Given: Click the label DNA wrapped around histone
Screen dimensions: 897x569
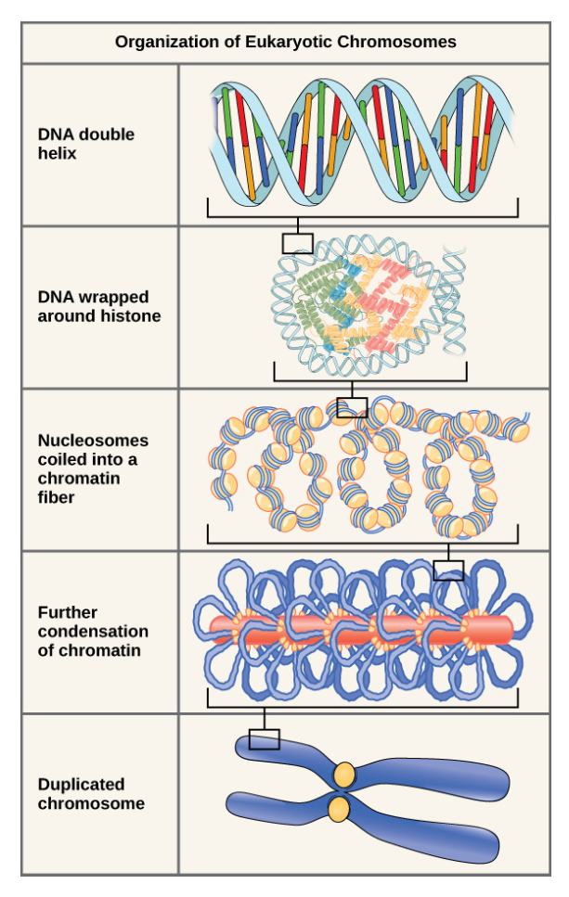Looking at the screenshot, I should coord(98,306).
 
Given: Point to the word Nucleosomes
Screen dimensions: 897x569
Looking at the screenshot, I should coord(93,441).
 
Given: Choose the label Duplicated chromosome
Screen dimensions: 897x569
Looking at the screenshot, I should coord(91,794).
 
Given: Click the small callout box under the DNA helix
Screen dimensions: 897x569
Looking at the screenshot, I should coord(297,243).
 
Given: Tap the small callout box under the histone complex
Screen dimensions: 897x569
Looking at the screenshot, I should coord(352,406).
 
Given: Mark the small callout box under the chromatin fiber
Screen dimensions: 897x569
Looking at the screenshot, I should coord(448,570).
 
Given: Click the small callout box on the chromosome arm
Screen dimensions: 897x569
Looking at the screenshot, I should coord(265,738).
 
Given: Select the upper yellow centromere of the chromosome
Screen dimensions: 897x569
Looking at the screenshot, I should coord(344,772).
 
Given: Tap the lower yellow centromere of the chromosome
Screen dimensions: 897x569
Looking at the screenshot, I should coord(340,809).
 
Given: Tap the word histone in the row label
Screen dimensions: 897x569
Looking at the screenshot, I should coord(135,315).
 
